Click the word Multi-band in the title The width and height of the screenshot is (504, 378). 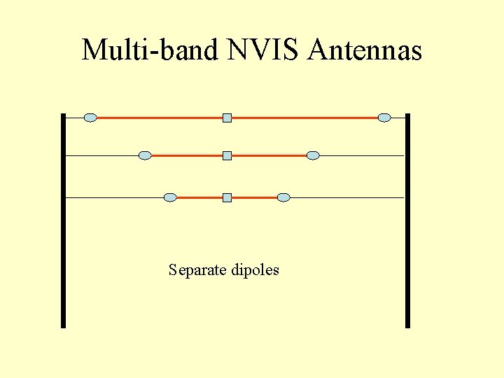(x=150, y=50)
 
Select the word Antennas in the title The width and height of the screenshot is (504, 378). (x=364, y=50)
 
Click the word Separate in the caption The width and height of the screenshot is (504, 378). (x=198, y=270)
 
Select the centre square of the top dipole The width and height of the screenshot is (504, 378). (x=227, y=118)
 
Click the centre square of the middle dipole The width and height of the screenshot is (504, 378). (x=227, y=155)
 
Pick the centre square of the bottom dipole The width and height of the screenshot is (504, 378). (x=227, y=197)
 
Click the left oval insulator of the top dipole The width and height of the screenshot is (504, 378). (x=90, y=118)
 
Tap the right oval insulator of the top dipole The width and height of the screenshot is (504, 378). (x=384, y=118)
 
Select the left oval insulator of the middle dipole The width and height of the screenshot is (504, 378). (x=145, y=155)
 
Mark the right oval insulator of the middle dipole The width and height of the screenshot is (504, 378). (x=313, y=155)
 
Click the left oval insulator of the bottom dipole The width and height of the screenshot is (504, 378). (x=170, y=197)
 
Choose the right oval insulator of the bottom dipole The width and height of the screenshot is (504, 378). (x=283, y=197)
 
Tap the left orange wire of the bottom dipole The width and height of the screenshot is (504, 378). (x=199, y=197)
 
